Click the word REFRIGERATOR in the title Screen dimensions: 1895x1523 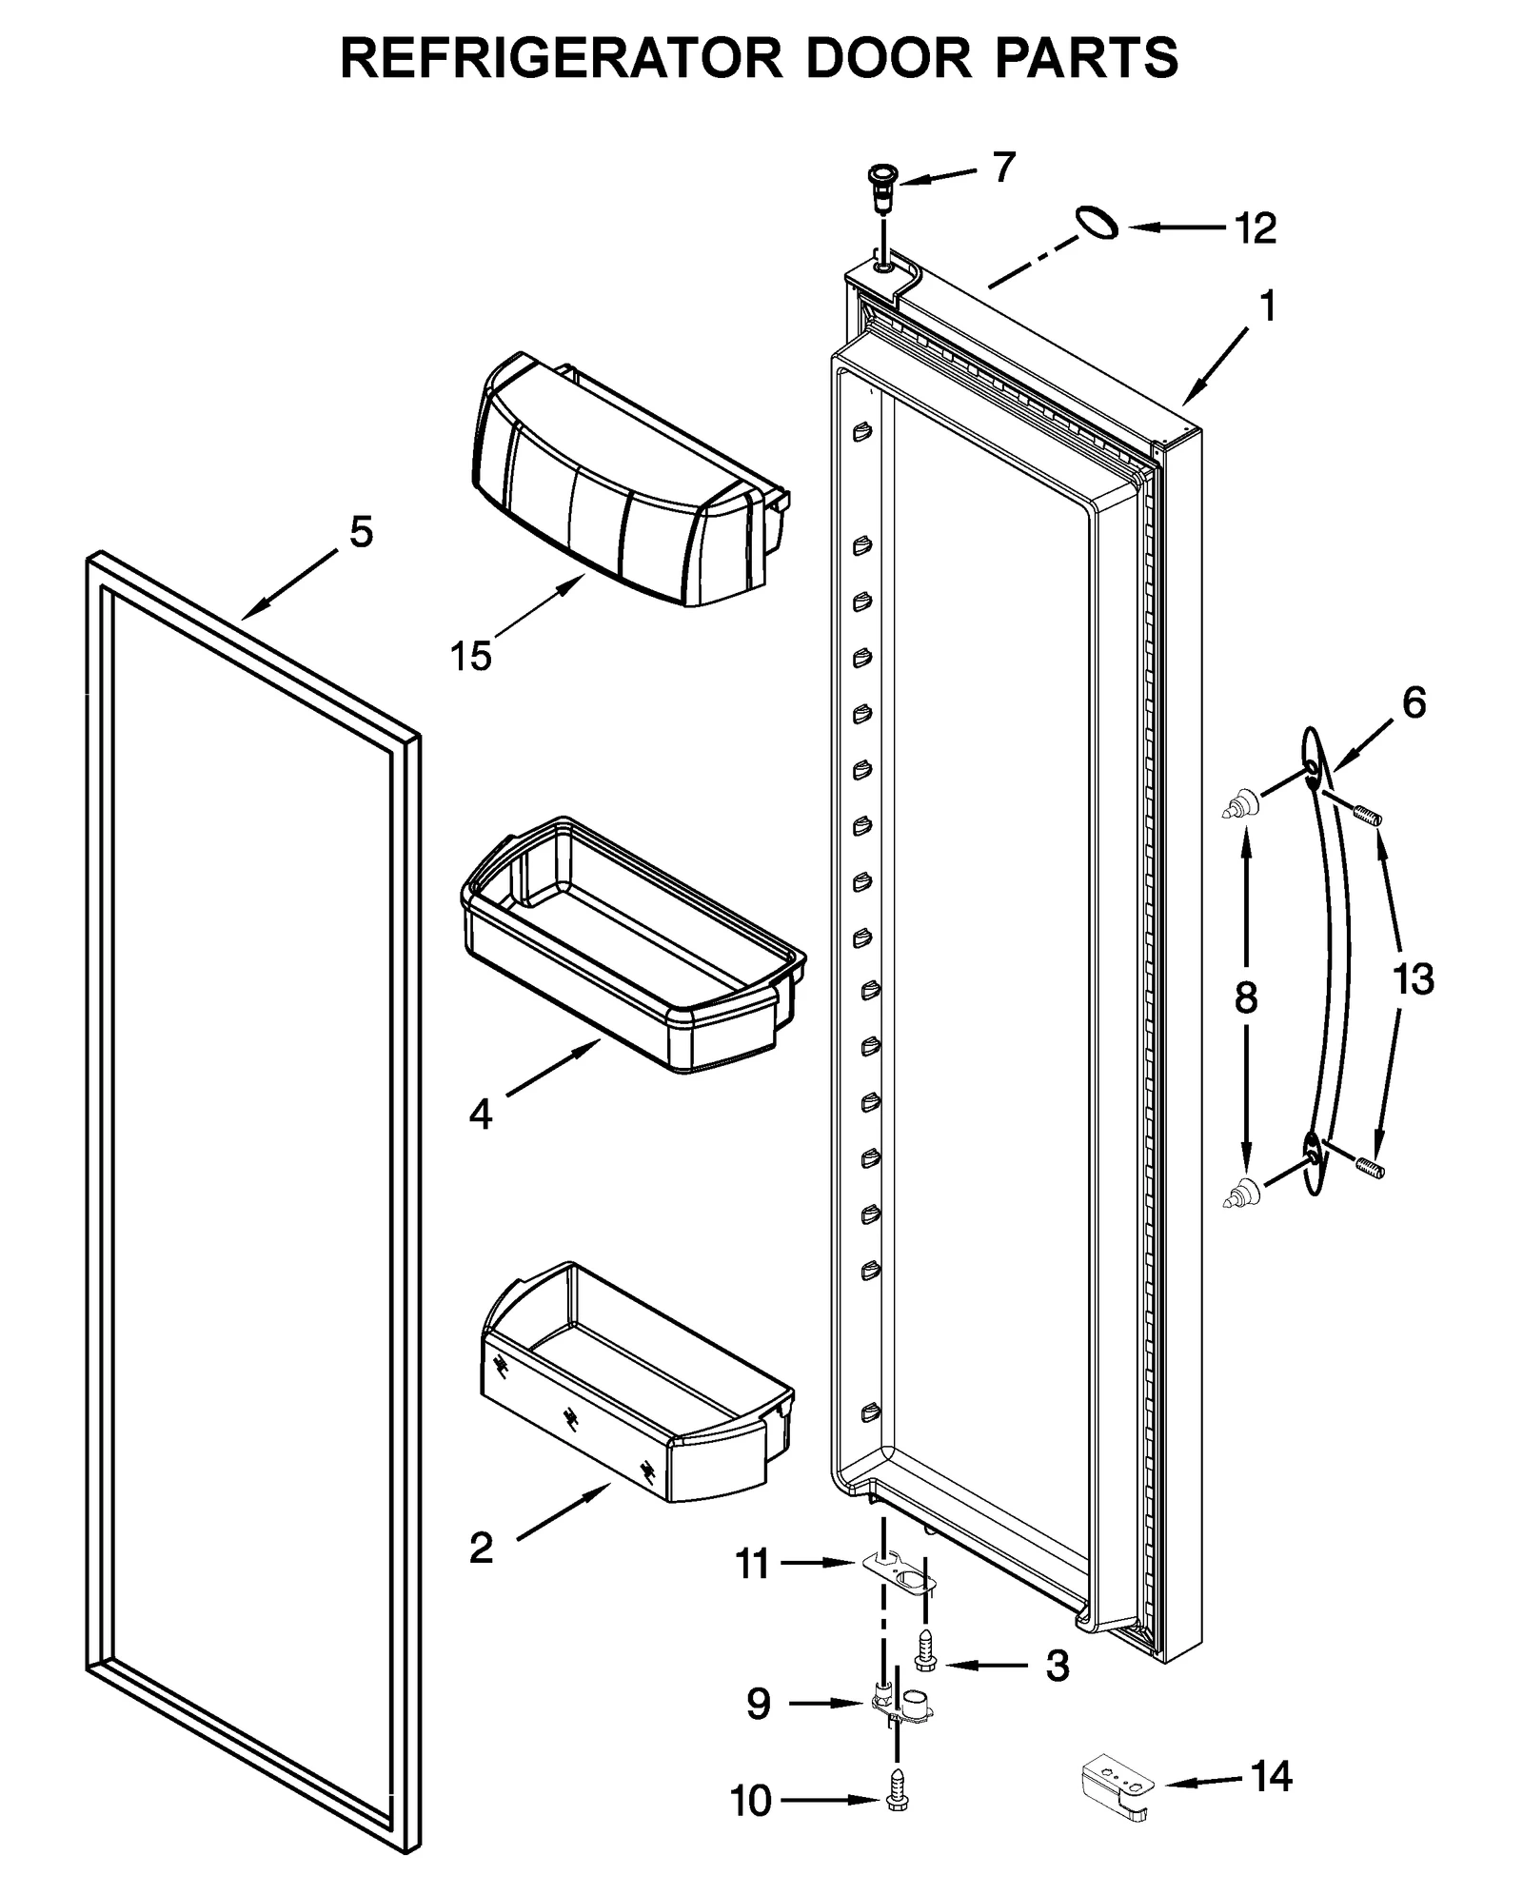click(561, 59)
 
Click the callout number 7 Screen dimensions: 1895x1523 click(1003, 168)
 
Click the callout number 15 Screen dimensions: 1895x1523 click(470, 657)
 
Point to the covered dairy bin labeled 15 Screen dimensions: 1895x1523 click(628, 485)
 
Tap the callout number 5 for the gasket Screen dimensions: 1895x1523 click(361, 532)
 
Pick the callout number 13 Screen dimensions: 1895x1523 click(1413, 978)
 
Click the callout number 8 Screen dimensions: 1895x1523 click(1245, 998)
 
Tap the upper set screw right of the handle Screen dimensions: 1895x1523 click(1367, 815)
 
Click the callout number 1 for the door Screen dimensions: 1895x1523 click(1267, 307)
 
